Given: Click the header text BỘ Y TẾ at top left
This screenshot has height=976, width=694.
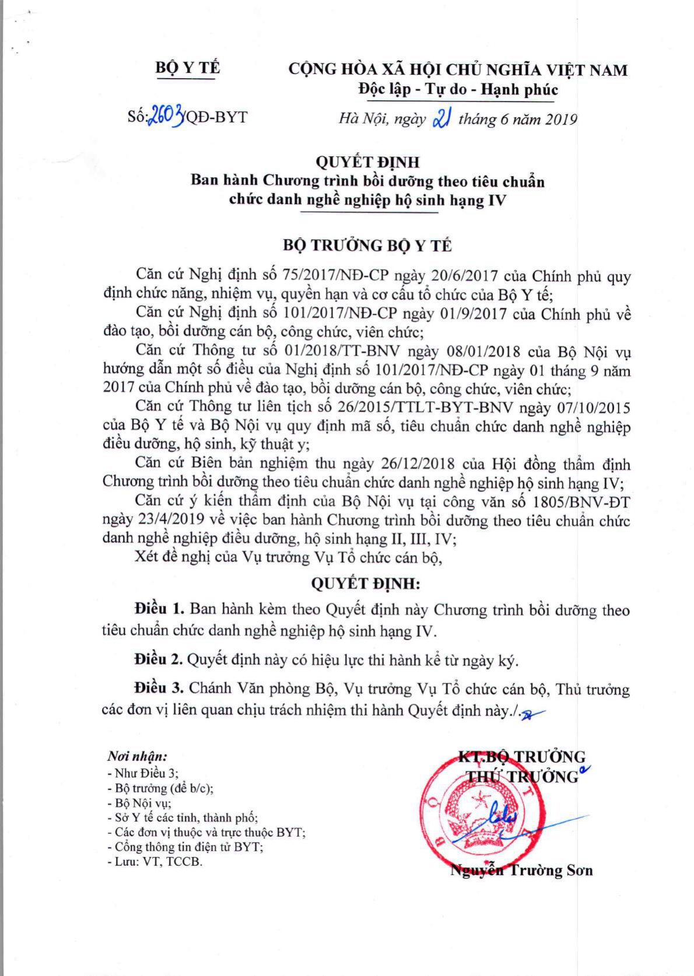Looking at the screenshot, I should [x=187, y=68].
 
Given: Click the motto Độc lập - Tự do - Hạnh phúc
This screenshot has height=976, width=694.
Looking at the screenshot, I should [x=457, y=90].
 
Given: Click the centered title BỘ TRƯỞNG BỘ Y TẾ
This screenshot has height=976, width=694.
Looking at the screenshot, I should [x=367, y=245].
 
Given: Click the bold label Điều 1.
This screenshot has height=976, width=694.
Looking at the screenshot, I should [x=159, y=609].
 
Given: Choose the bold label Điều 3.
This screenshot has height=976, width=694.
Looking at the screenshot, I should [x=159, y=688].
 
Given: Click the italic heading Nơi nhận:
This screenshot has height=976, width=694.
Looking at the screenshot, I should [x=137, y=756].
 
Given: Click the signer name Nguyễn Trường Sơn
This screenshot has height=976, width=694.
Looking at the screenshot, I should [x=521, y=870].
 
